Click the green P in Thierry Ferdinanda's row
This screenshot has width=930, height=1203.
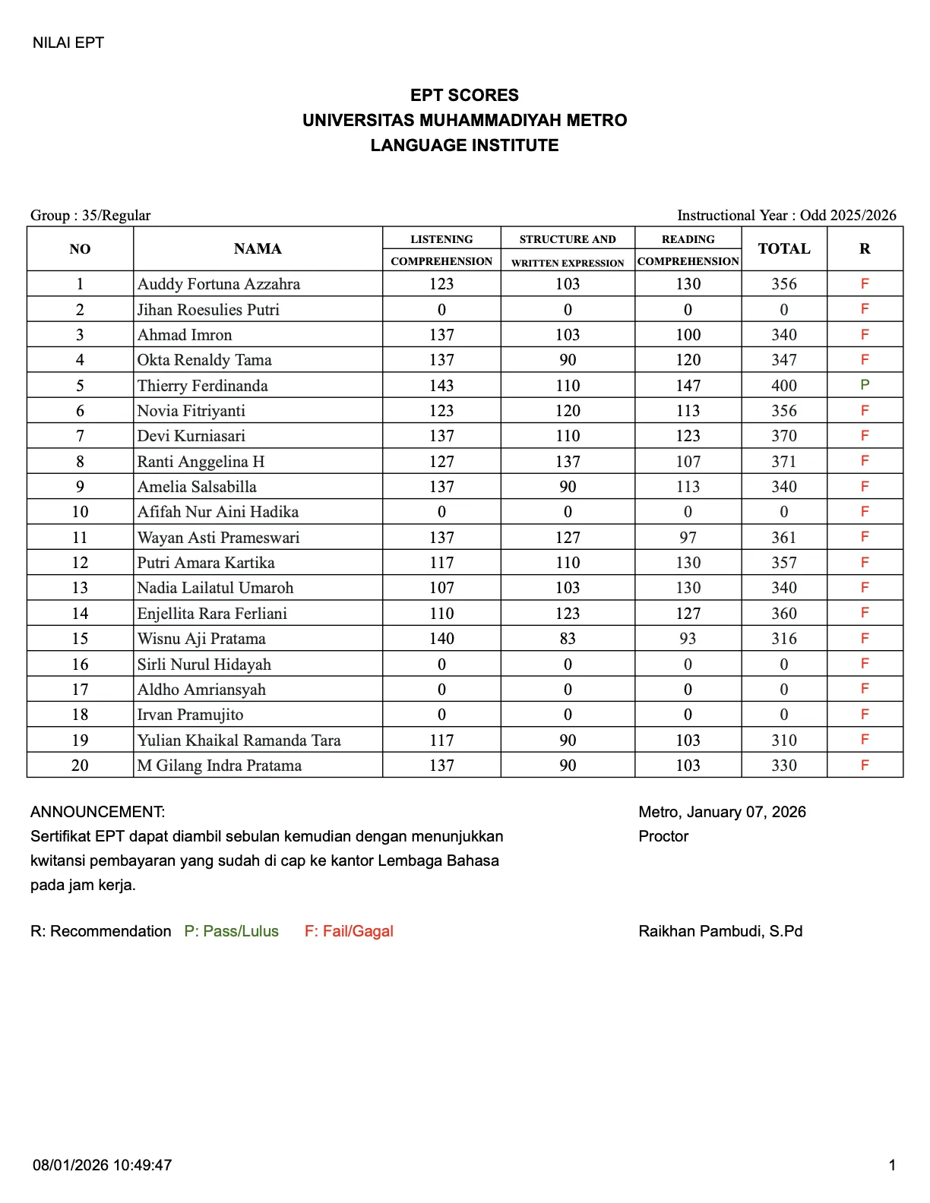(865, 385)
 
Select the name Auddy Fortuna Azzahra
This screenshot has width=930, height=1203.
(219, 284)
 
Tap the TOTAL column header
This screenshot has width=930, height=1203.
(784, 249)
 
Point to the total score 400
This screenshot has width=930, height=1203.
(784, 386)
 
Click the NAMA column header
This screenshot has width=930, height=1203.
(258, 249)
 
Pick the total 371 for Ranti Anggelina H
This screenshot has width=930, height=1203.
(784, 462)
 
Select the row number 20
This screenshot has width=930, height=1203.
(80, 766)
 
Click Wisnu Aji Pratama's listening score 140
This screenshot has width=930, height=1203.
(441, 639)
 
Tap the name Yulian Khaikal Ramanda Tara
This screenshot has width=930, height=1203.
(239, 740)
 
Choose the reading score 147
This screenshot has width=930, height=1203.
(688, 386)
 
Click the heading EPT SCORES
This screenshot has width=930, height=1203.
(464, 96)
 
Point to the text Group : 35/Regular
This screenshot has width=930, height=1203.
(90, 216)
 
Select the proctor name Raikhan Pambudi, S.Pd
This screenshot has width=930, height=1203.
(720, 932)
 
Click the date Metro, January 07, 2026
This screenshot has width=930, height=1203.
(722, 813)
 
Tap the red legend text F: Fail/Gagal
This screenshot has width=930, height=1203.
(349, 932)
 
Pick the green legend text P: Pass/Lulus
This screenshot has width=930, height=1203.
(232, 932)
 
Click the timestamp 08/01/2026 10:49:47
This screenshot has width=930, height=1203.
(102, 1165)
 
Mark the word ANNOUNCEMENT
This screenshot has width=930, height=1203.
(97, 813)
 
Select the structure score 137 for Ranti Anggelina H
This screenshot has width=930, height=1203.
(568, 462)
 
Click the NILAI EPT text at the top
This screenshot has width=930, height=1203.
(68, 43)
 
